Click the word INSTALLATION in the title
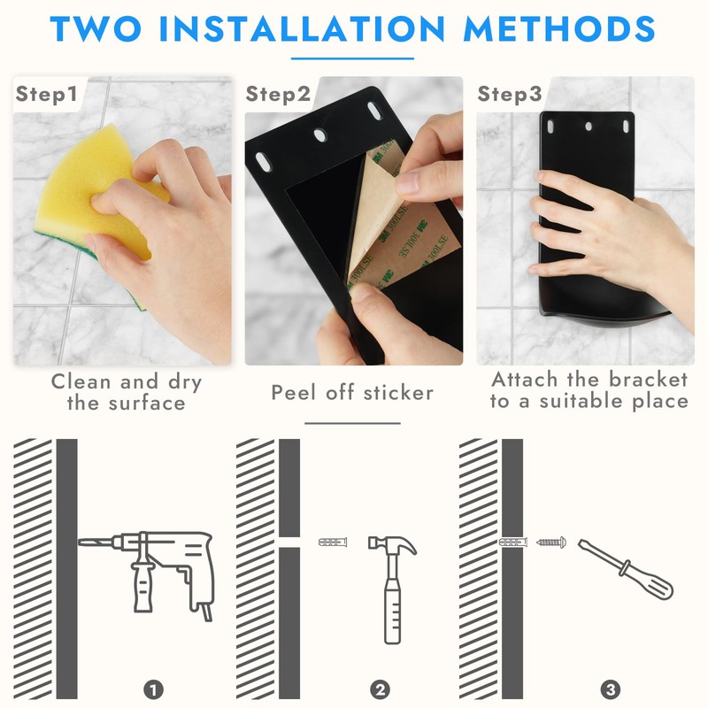[302, 28]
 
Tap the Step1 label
[47, 94]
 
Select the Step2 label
[278, 95]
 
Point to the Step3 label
[510, 94]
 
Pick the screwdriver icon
[626, 569]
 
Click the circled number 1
[153, 690]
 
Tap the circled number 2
[380, 690]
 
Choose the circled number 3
[611, 690]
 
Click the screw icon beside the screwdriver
[551, 542]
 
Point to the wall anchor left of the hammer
[333, 542]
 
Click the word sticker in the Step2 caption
[398, 393]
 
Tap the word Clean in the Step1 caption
[81, 382]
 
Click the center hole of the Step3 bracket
[589, 127]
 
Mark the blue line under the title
[352, 58]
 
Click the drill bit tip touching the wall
[80, 542]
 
